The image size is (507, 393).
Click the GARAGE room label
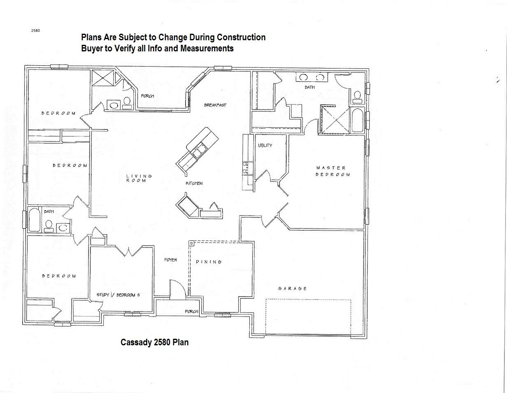(292, 289)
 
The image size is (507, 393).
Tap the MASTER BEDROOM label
(333, 171)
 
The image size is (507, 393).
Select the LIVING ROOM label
(139, 178)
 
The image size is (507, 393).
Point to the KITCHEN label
(194, 183)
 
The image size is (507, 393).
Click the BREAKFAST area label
(215, 105)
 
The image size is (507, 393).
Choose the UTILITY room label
(265, 146)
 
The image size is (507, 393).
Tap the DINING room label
(209, 262)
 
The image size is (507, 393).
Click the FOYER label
(170, 260)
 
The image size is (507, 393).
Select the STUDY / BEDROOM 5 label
(121, 295)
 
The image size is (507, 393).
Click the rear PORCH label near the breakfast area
(147, 96)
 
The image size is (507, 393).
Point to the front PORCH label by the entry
(191, 312)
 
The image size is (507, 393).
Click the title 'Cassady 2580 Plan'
(154, 342)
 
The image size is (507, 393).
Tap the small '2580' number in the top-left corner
(35, 30)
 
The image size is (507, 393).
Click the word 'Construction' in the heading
(241, 37)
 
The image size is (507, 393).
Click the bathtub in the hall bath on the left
(34, 220)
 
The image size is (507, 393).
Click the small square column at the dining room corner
(191, 244)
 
